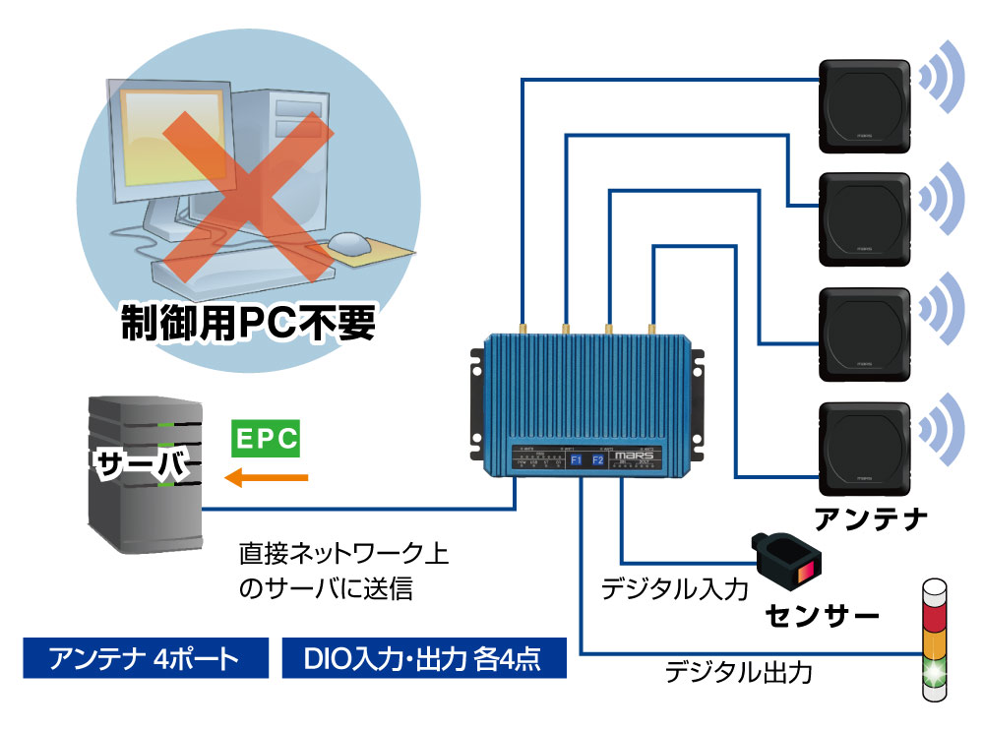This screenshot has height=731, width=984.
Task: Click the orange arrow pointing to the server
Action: click(x=266, y=478)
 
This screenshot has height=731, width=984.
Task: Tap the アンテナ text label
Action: click(x=871, y=516)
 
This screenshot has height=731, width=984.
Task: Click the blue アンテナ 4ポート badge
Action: click(x=145, y=658)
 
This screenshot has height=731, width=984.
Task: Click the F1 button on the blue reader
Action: click(x=576, y=460)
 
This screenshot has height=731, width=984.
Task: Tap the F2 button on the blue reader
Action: click(x=597, y=460)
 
